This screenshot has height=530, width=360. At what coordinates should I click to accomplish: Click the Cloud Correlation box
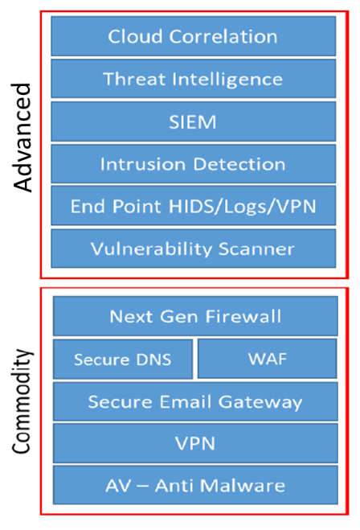pos(193,36)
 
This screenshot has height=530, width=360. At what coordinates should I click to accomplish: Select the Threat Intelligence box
pos(193,79)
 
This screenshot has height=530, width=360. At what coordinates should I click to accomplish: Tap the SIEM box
pos(193,121)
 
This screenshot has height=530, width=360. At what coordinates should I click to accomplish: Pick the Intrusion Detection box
pos(193,164)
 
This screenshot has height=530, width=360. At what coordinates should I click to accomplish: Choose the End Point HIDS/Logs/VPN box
pos(193,206)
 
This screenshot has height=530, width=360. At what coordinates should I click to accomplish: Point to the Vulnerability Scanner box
pos(193,249)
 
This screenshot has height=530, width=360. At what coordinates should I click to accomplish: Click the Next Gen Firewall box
pos(195,316)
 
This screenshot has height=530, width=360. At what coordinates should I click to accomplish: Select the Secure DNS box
pos(123,359)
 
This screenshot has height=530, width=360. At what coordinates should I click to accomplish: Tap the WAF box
pos(267,358)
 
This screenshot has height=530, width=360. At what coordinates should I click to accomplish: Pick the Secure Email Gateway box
pos(195,401)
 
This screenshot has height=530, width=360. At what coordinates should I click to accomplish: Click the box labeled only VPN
pos(195,443)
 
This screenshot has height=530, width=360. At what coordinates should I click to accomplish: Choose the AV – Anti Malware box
pos(195,486)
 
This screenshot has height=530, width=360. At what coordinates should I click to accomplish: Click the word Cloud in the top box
pos(131,36)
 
